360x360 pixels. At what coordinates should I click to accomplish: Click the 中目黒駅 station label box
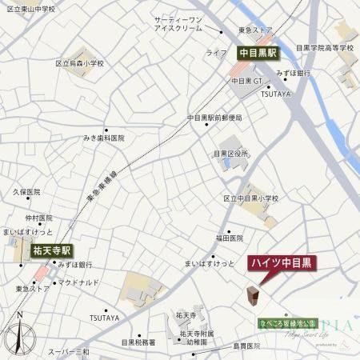[258, 53]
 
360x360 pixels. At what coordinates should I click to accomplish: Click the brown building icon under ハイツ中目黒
[254, 296]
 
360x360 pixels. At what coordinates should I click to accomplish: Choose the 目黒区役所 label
[231, 153]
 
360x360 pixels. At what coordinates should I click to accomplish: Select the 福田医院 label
[228, 238]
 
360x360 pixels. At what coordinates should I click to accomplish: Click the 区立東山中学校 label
[30, 8]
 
